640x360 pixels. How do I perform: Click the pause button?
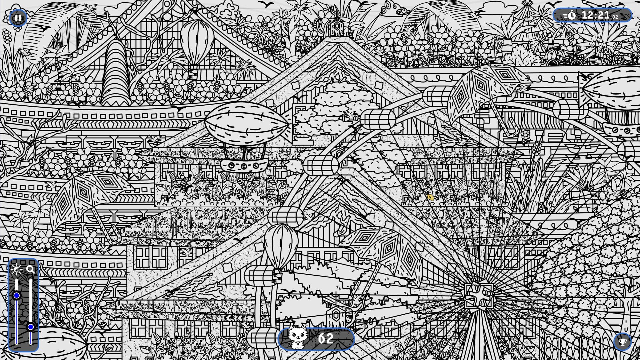(18, 18)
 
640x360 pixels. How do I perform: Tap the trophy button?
(622, 342)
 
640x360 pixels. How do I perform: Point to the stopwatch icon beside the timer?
(571, 15)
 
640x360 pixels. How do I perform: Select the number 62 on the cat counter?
(326, 339)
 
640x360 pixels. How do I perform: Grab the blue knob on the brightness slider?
(16, 296)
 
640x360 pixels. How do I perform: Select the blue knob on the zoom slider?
(31, 327)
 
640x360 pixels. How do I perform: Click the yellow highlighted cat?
(430, 197)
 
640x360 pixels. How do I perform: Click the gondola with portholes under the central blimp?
(244, 165)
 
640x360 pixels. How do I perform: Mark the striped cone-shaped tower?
(115, 73)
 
